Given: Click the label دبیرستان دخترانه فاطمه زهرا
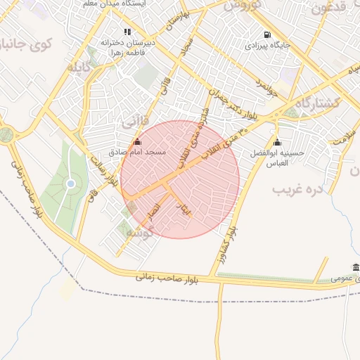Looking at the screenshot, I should click(127, 47).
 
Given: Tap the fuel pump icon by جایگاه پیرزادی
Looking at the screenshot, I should click(266, 34).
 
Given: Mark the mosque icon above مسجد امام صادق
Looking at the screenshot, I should click(136, 142).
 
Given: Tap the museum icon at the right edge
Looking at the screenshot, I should click(356, 268).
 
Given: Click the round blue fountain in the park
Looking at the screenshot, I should click(70, 184).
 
